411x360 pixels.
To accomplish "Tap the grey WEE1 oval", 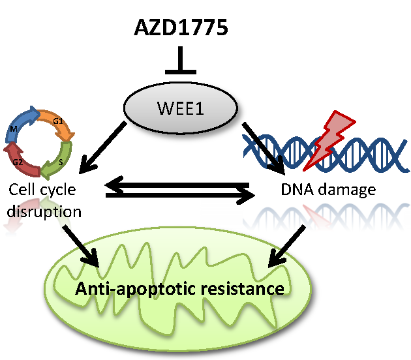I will click(181, 108).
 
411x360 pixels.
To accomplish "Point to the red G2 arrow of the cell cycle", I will click(18, 159).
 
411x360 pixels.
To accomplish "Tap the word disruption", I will click(46, 212).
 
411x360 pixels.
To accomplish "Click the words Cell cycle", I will click(42, 190).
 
